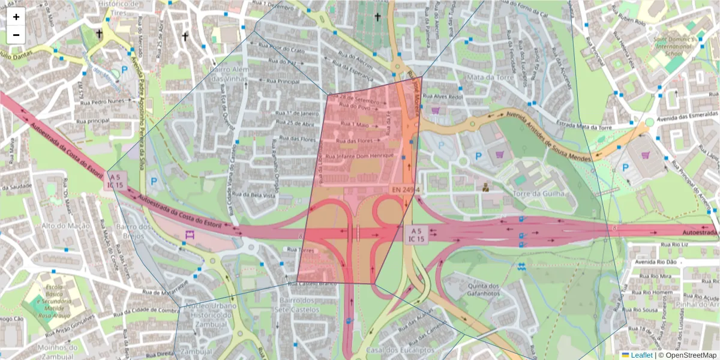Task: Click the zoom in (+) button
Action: pos(16,17)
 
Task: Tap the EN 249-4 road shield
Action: pos(405,190)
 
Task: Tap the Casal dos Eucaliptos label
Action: pos(392,350)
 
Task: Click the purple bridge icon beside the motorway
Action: pos(190,235)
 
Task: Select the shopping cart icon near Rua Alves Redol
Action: pos(435,110)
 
